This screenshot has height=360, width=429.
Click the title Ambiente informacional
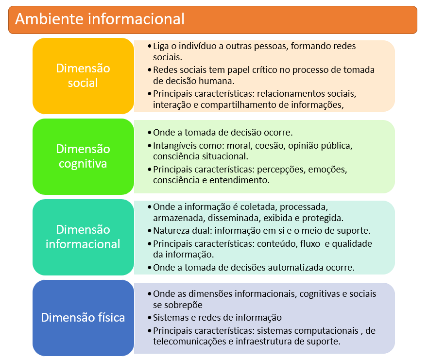[100, 19]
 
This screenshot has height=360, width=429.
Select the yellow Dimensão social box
[83, 76]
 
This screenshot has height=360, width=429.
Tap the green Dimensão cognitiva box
[83, 156]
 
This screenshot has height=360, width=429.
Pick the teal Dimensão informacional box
[83, 237]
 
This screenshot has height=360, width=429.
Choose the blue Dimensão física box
[83, 318]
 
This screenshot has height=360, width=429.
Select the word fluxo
[310, 244]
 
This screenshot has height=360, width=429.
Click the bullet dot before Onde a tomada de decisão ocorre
[149, 133]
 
